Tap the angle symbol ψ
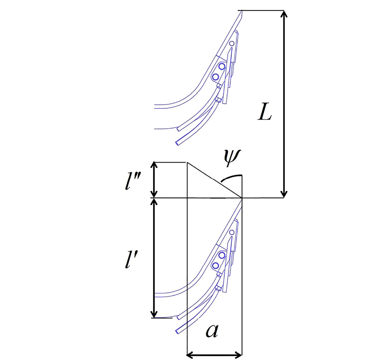(232, 158)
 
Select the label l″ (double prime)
(131, 182)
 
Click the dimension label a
(212, 331)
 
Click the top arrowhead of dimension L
(284, 14)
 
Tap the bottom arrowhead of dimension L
(284, 194)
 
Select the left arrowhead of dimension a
(190, 355)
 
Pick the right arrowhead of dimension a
(238, 355)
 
